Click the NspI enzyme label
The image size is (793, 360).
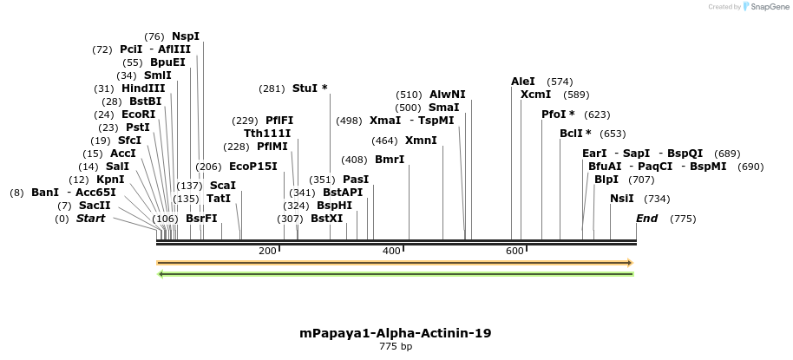(x=186, y=36)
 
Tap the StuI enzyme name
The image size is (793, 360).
(x=305, y=88)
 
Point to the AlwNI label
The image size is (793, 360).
(x=448, y=95)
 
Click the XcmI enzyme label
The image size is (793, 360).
(x=535, y=95)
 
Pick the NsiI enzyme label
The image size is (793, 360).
(x=622, y=199)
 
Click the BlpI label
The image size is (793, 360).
(x=606, y=180)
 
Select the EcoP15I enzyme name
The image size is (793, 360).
(x=253, y=167)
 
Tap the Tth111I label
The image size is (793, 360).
(x=267, y=134)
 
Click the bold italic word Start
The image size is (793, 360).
(x=90, y=219)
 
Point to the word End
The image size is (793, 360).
(x=647, y=219)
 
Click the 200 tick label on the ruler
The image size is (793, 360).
(x=267, y=251)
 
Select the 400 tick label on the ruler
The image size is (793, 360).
(x=391, y=251)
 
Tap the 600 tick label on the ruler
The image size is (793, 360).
(x=514, y=251)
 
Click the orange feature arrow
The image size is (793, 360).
(x=395, y=262)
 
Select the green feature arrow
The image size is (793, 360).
(x=395, y=274)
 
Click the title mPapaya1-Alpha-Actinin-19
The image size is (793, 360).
(x=396, y=333)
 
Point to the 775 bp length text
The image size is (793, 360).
(x=396, y=347)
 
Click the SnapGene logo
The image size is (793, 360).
(x=764, y=7)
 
